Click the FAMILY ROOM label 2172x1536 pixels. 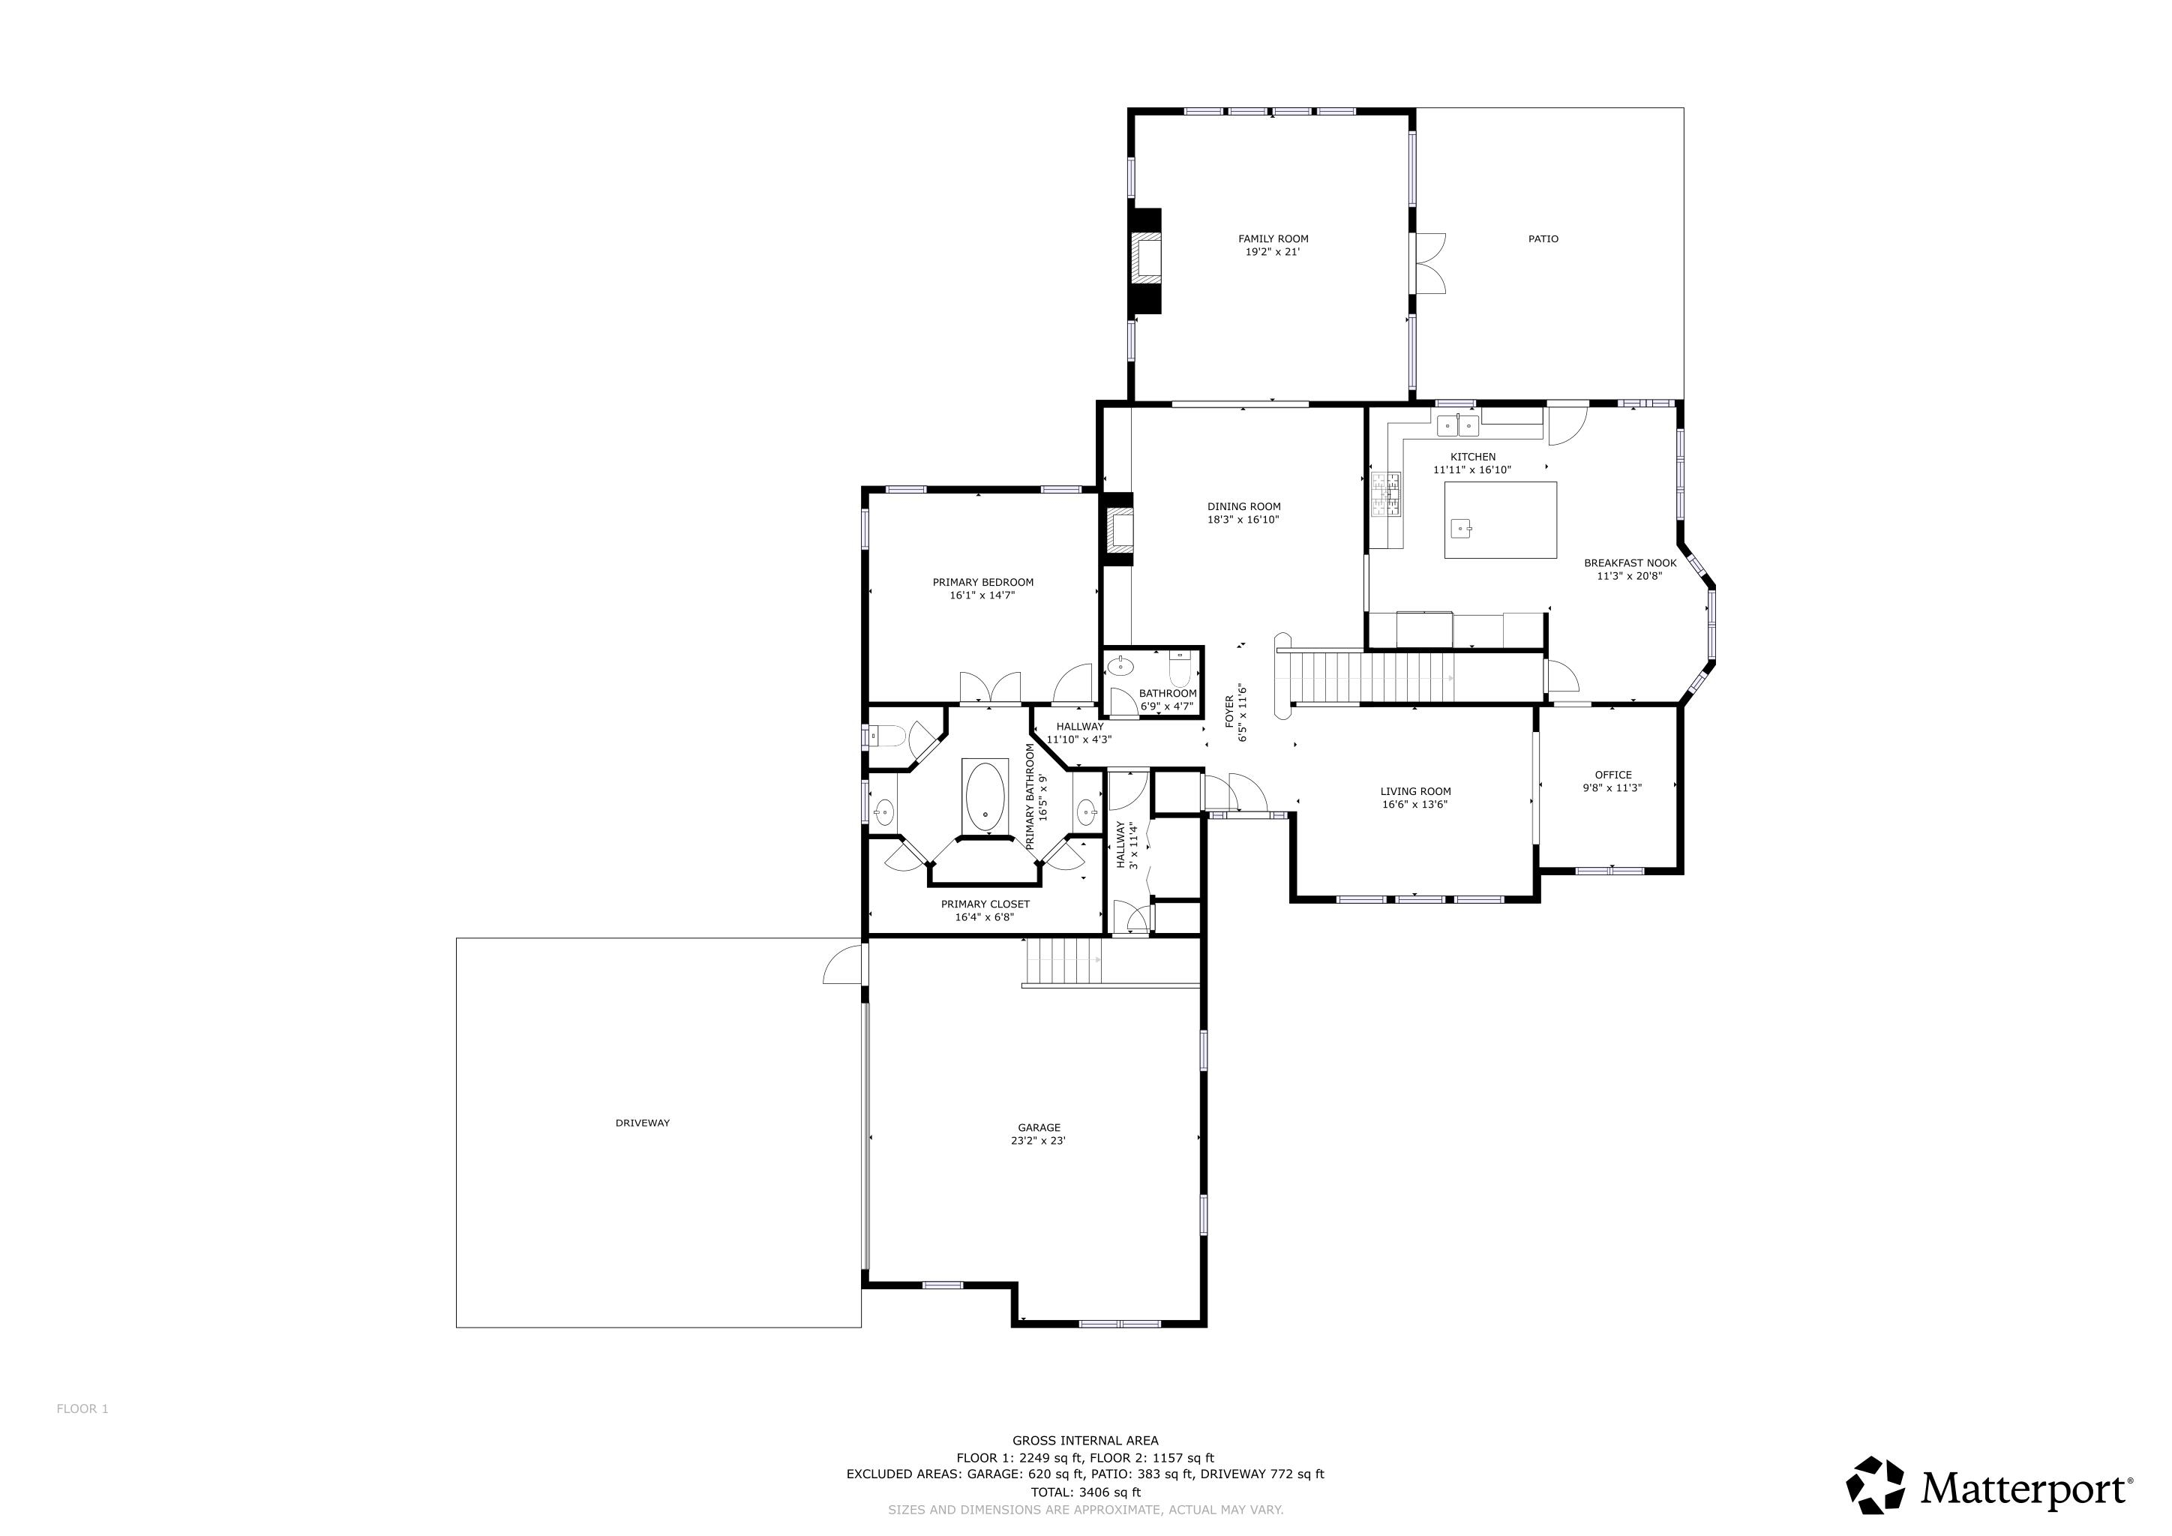1273,239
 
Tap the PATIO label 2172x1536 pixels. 1543,239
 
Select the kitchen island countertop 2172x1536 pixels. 1500,520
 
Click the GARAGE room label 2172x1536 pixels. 1039,1128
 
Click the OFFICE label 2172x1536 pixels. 1613,775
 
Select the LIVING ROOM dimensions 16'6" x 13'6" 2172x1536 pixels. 1415,805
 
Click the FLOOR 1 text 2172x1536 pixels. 82,1409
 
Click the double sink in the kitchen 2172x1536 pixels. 1458,427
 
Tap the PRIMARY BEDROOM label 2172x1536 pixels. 983,583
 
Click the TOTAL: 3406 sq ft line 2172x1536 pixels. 1085,1492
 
